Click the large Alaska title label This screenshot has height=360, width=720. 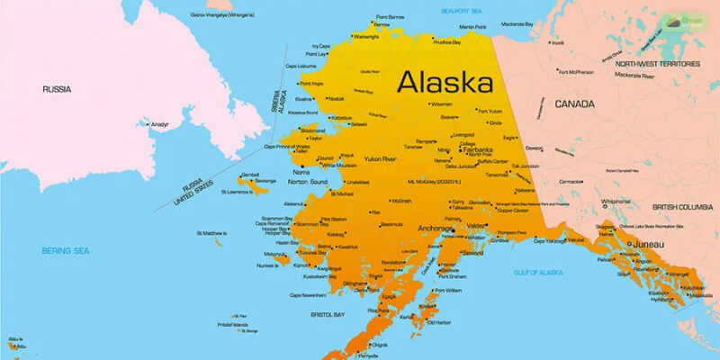pos(446,83)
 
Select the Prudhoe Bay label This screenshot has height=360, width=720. pos(446,41)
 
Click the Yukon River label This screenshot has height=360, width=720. pos(381,158)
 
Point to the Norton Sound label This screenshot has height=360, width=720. pos(307,182)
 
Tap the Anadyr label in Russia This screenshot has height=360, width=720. pos(159,123)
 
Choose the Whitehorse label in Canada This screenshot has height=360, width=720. pos(616,202)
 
